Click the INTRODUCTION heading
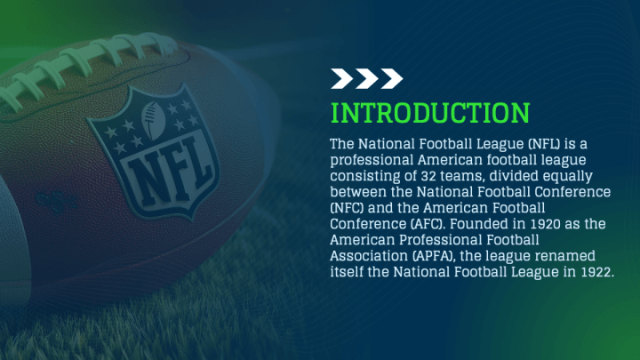coord(430,113)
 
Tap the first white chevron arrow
coord(342,78)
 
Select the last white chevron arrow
coord(392,78)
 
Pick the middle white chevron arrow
coord(367,78)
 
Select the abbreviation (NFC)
coord(347,208)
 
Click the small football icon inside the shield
coord(153,120)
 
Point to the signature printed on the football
coord(56,202)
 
